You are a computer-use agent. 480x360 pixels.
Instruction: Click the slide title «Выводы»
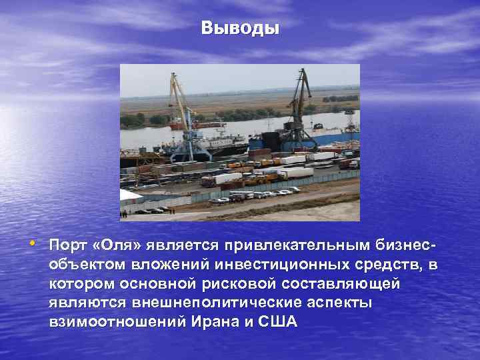tap(240, 29)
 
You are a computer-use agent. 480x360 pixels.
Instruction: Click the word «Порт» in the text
tap(72, 249)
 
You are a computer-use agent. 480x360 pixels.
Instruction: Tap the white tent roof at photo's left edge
tap(129, 195)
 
